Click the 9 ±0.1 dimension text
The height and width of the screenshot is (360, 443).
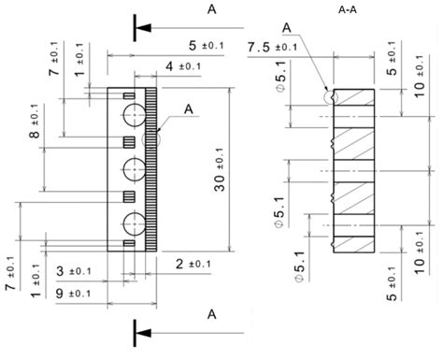(73, 295)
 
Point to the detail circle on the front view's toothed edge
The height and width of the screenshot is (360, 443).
(151, 138)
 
